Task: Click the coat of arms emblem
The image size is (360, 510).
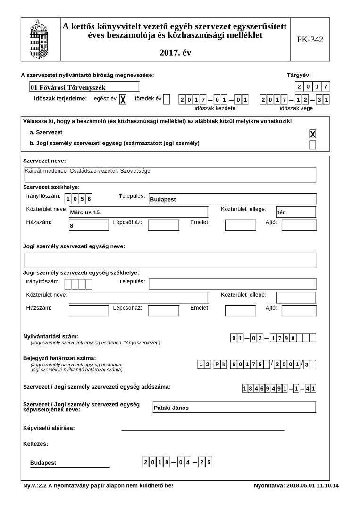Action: coord(39,40)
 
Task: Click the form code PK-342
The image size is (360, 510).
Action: coord(310,40)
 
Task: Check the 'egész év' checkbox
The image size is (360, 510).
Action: coord(123,99)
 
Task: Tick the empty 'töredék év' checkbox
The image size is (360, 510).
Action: coord(167,99)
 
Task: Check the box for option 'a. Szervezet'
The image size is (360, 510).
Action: coord(312,134)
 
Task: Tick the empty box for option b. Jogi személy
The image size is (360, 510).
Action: coord(312,144)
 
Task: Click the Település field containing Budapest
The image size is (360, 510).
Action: coord(232,199)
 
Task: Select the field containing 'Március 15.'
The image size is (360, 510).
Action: coord(138,212)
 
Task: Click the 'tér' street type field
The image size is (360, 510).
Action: coord(296,212)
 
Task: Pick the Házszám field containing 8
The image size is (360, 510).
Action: coord(89,225)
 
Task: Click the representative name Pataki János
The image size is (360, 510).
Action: coord(234,408)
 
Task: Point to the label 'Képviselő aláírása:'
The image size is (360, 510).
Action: coord(49,428)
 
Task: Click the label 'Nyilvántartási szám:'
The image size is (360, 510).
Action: coord(50,336)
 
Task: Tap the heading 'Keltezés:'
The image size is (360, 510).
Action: coord(35,444)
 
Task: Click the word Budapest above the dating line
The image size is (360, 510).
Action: coord(43,463)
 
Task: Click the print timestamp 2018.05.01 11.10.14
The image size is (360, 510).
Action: coord(312,485)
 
